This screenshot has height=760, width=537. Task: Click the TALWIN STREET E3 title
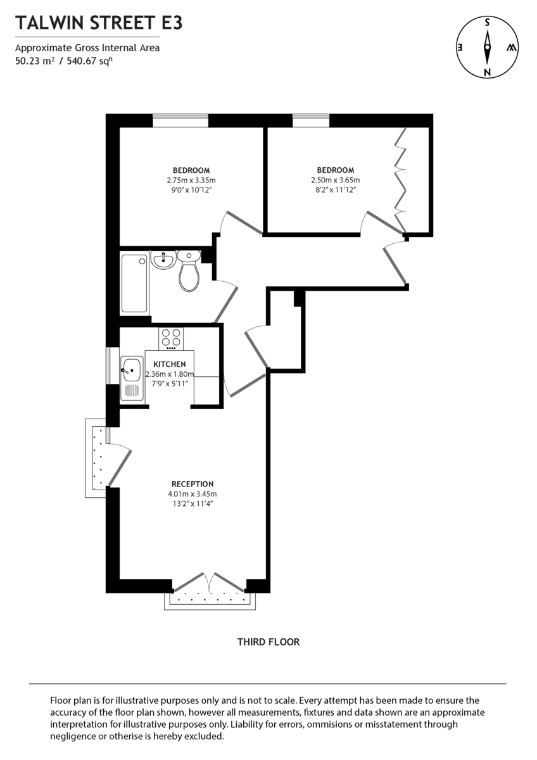99,23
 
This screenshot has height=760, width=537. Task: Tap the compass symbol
487,47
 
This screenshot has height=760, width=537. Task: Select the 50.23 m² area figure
34,61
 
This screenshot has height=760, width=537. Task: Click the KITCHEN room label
169,364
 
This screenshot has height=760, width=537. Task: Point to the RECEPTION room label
192,484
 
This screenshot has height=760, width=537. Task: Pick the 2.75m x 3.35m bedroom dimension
191,180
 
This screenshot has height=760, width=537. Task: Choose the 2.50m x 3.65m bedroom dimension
335,180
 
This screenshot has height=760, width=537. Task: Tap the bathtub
134,283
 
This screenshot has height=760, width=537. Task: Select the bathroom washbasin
163,259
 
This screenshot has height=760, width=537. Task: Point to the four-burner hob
171,338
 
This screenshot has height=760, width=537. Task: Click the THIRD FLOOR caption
268,642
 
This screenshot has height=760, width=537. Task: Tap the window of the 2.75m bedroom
180,120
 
